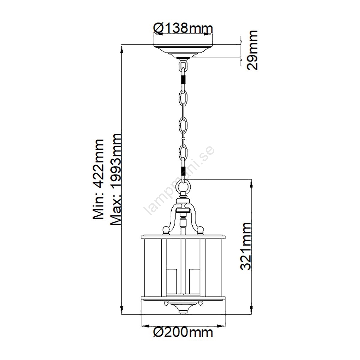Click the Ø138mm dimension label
(183, 28)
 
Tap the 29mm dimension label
(252, 50)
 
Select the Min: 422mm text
(98, 179)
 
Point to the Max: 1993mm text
(116, 179)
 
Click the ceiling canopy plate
(183, 51)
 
